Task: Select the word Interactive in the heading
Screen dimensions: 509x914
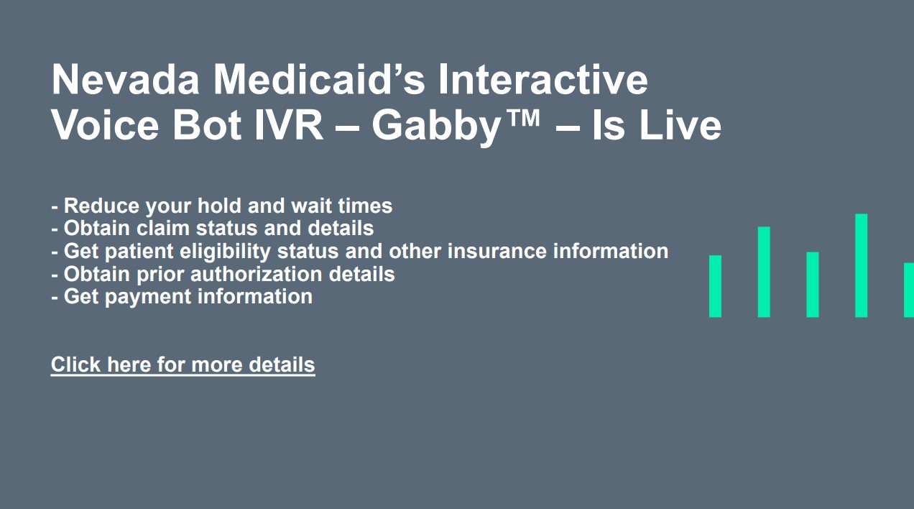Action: click(x=543, y=79)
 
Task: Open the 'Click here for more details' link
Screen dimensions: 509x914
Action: click(x=183, y=364)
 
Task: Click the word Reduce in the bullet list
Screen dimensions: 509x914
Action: click(x=102, y=206)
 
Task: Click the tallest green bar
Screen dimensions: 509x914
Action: click(x=861, y=265)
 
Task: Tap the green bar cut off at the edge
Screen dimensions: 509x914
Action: click(x=909, y=290)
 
